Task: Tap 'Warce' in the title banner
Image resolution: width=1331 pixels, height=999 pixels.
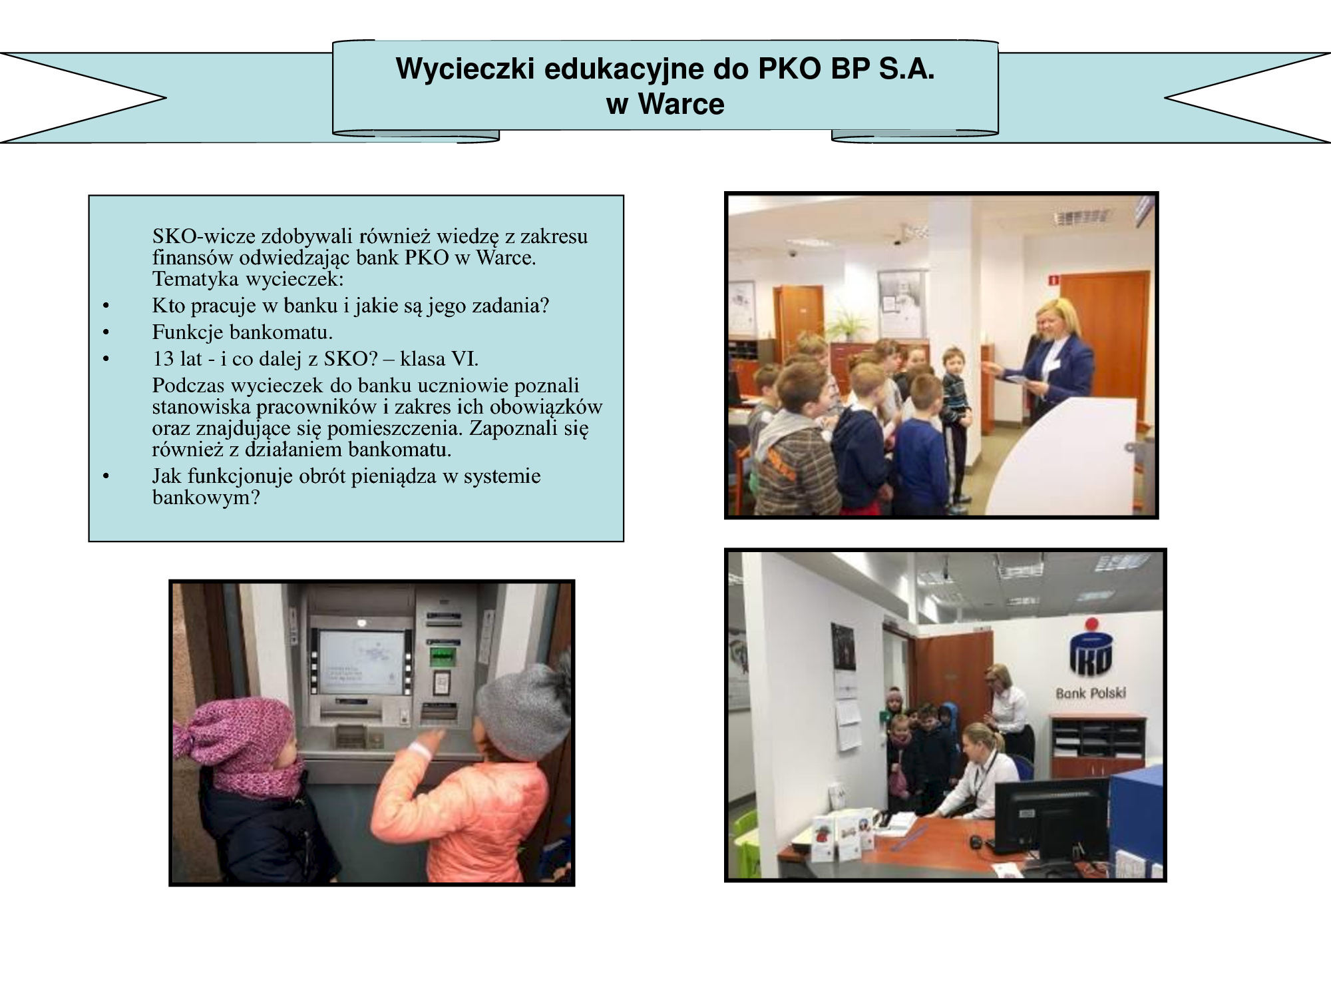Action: click(x=681, y=105)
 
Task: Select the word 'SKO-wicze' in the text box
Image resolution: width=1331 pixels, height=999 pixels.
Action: click(x=204, y=236)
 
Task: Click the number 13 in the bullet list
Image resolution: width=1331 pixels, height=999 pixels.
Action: click(x=162, y=359)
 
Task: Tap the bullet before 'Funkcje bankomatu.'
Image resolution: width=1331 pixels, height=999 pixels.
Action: click(x=106, y=333)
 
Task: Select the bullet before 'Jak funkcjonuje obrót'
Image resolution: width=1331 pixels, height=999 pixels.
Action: click(x=106, y=477)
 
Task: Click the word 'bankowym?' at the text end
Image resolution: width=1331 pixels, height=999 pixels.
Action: click(x=206, y=498)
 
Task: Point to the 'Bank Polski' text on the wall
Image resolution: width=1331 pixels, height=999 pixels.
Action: click(x=1091, y=693)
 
